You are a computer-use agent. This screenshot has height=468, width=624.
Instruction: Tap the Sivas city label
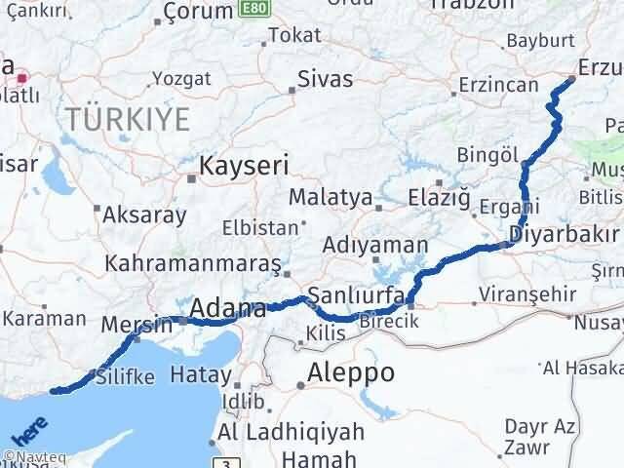pyautogui.click(x=325, y=79)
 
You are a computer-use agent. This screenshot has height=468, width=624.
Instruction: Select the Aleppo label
pyautogui.click(x=351, y=371)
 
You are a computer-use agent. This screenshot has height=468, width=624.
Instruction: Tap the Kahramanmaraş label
pyautogui.click(x=194, y=264)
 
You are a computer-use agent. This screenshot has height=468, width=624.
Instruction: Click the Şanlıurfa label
pyautogui.click(x=356, y=295)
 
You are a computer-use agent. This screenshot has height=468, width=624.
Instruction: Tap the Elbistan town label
pyautogui.click(x=260, y=227)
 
